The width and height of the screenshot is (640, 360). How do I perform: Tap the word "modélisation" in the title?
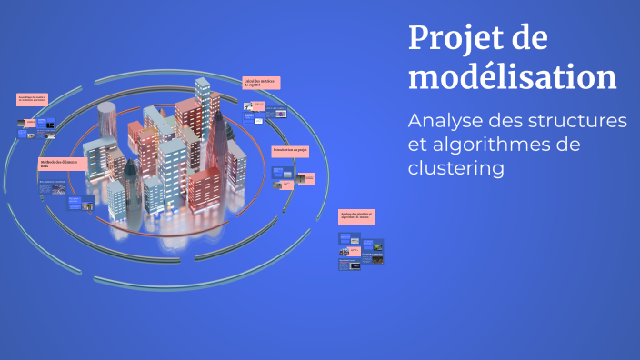click(512, 76)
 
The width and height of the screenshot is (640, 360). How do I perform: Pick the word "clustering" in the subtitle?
click(455, 169)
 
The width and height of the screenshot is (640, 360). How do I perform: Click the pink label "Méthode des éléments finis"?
click(63, 165)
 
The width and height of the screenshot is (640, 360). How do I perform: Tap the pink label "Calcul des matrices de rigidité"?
click(261, 83)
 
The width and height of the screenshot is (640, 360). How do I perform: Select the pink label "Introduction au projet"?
click(290, 150)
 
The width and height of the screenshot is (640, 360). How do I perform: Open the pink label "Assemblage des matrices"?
click(36, 99)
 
